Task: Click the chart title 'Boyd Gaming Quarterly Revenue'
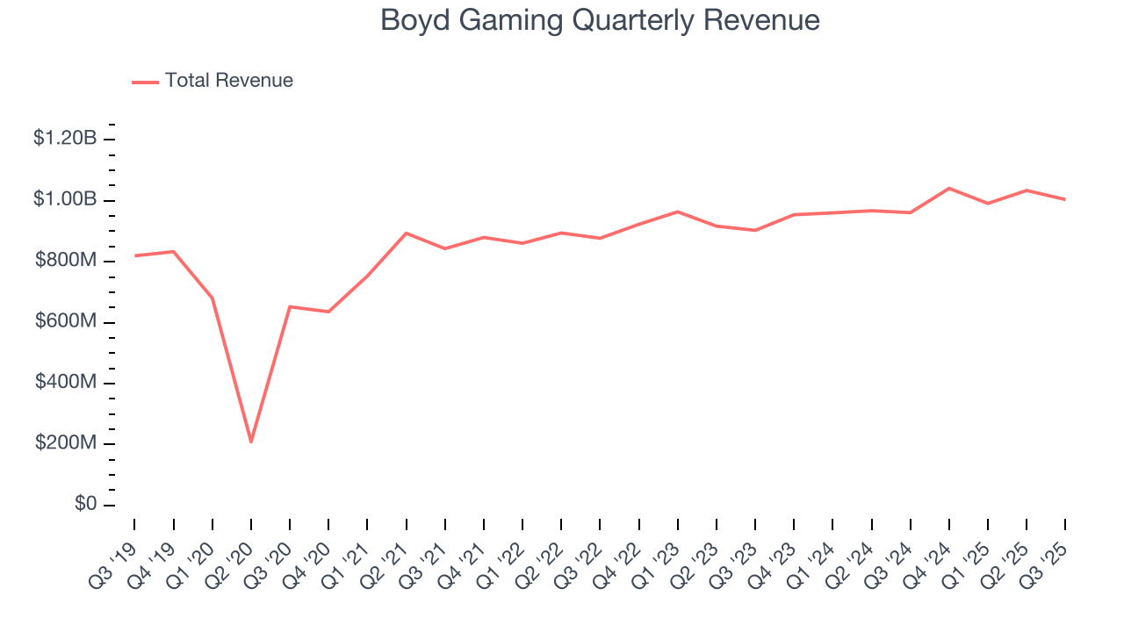tap(600, 21)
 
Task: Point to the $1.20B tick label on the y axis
tap(65, 139)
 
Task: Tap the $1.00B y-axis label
tap(65, 200)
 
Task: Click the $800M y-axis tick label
tap(65, 261)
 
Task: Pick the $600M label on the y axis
tap(65, 322)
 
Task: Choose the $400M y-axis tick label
tap(65, 383)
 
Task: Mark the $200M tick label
tap(65, 443)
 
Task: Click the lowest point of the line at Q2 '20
tap(251, 442)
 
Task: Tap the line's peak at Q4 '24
tap(949, 188)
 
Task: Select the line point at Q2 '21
tap(407, 233)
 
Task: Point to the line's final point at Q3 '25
tap(1065, 199)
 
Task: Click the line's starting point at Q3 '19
tap(134, 255)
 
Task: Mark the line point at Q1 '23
tap(678, 212)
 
